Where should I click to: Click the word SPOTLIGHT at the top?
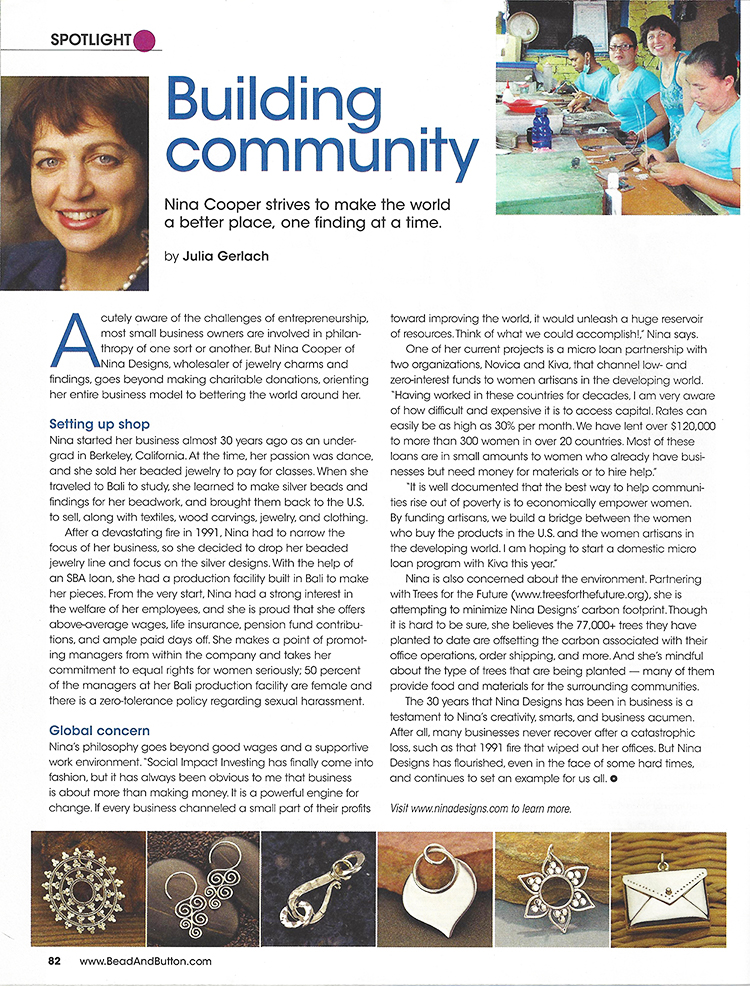[90, 40]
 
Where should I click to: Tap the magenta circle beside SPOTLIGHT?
[145, 40]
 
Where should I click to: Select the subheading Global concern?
[101, 731]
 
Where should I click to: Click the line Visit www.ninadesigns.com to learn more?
[481, 808]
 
